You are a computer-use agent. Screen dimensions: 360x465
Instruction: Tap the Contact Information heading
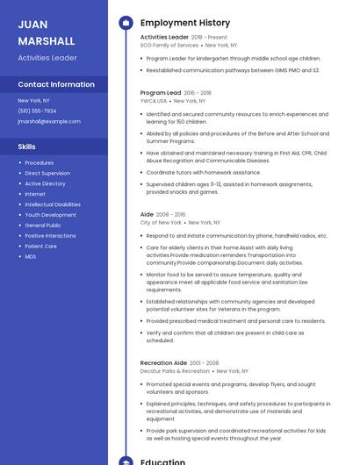point(56,84)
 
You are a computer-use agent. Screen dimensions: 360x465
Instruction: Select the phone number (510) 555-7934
point(37,111)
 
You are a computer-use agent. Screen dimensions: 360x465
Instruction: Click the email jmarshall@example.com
point(49,121)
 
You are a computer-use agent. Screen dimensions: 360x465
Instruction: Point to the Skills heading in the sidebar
point(27,147)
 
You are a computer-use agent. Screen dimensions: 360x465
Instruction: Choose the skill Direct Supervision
point(47,173)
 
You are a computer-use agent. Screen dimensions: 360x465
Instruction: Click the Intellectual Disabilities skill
point(53,204)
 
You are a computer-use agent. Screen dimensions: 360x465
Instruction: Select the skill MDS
point(31,257)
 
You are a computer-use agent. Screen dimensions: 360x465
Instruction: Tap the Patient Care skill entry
point(40,247)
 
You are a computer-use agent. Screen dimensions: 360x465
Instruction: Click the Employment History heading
point(185,23)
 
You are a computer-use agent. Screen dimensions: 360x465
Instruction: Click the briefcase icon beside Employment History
point(126,23)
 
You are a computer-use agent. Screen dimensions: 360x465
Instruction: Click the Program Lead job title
point(161,92)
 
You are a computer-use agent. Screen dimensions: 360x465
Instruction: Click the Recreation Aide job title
point(163,362)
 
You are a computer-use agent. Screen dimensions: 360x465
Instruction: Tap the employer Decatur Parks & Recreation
point(175,371)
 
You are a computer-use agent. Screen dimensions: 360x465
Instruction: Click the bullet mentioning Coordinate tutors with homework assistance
point(204,172)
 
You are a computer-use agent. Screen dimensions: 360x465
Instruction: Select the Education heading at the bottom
point(162,461)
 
